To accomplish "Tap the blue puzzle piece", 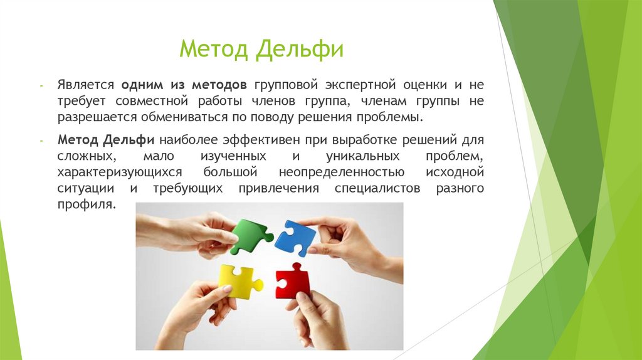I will coord(295,238).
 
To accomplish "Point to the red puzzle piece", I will coord(293,280).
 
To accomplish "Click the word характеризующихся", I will coord(120,172).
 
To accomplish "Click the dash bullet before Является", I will coord(41,85).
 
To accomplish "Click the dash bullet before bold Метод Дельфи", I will coord(41,140).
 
